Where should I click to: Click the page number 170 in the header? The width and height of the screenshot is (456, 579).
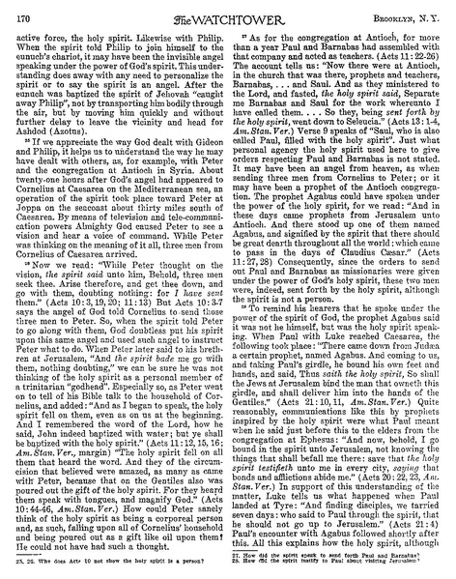pos(24,13)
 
